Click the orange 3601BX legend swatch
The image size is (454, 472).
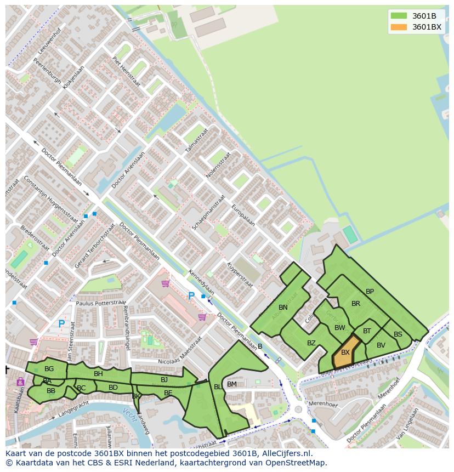click(399, 27)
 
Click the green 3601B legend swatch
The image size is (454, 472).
click(399, 16)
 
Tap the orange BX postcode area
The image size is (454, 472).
click(345, 354)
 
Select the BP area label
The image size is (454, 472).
click(370, 292)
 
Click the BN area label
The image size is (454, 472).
click(283, 308)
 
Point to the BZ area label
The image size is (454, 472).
click(311, 343)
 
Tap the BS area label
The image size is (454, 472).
click(398, 334)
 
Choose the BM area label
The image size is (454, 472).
click(232, 384)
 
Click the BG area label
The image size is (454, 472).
click(49, 369)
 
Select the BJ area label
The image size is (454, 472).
click(164, 379)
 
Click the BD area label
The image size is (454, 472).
click(113, 388)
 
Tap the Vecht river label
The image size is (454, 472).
click(129, 412)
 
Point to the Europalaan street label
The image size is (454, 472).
click(243, 215)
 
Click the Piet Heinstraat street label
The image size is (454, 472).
click(126, 70)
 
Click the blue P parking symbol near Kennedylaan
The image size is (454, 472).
click(191, 296)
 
